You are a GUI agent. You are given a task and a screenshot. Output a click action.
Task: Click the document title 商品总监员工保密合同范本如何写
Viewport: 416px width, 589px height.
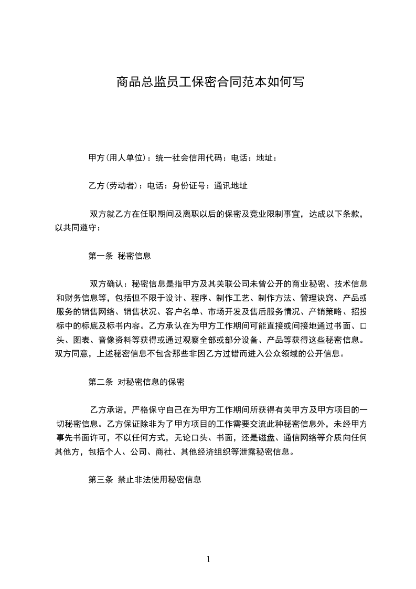[x=209, y=82]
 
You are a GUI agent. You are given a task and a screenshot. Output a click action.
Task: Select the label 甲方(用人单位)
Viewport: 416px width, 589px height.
[x=116, y=157]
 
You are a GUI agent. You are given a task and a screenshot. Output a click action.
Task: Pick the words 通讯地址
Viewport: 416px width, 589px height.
[x=231, y=185]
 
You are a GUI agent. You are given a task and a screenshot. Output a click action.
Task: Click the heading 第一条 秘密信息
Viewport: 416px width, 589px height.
[x=120, y=256]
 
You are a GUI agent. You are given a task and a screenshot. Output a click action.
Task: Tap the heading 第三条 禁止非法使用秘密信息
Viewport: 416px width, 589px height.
[x=145, y=479]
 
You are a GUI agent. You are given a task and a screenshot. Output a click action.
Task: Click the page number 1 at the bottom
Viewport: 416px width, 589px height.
[x=208, y=559]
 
